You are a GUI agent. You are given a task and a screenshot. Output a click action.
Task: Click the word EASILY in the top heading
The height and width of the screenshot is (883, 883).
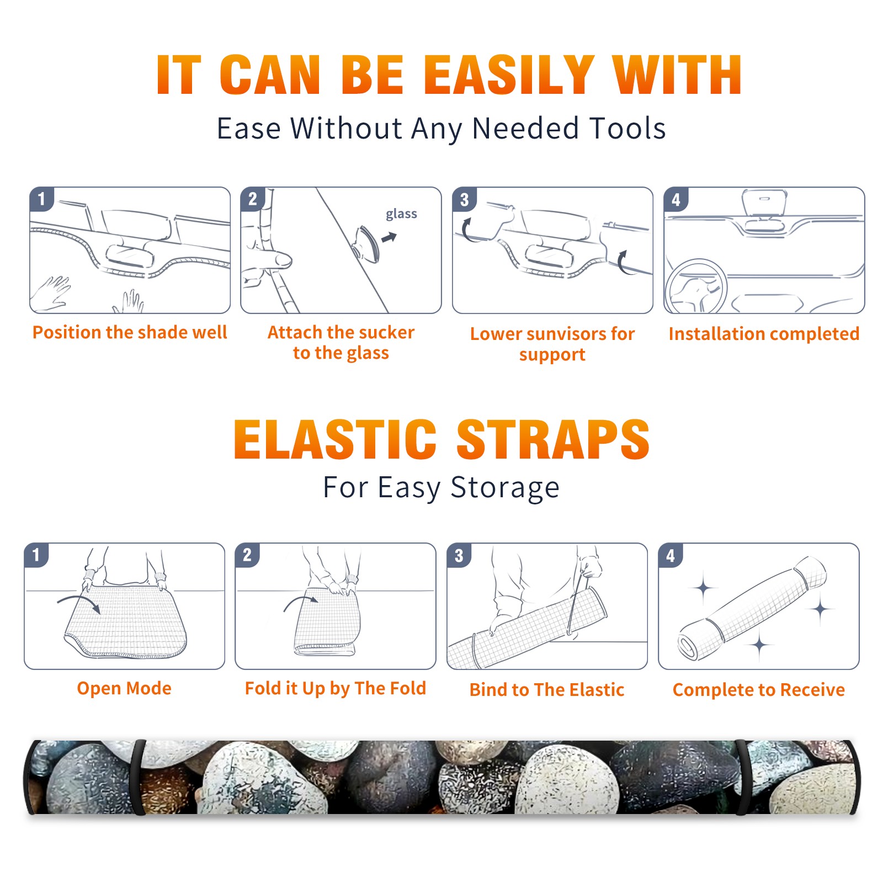[x=509, y=75]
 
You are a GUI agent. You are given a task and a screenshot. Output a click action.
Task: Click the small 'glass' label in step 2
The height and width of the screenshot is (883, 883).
[x=401, y=214]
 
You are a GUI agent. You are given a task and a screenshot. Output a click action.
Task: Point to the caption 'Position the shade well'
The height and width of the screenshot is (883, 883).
[x=130, y=332]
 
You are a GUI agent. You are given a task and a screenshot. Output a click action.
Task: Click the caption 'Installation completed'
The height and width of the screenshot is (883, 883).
[x=764, y=333]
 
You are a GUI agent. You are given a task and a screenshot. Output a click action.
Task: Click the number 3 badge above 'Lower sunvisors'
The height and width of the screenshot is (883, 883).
[x=464, y=199]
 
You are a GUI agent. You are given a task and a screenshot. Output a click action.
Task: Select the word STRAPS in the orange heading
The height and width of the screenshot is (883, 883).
[x=553, y=439]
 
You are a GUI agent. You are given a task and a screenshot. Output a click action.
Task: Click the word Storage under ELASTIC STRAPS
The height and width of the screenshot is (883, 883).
[x=505, y=488]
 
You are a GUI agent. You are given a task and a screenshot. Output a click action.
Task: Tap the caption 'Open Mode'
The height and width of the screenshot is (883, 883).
[x=124, y=688]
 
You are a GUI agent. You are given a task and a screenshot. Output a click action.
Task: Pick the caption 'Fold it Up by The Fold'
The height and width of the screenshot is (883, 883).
[x=336, y=688]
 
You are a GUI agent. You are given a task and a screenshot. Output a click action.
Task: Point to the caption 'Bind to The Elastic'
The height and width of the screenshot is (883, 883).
[x=547, y=690]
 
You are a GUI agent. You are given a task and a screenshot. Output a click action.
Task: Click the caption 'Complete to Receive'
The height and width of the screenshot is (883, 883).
[x=759, y=690]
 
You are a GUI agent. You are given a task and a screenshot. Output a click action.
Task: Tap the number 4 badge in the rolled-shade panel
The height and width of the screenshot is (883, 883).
[x=671, y=555]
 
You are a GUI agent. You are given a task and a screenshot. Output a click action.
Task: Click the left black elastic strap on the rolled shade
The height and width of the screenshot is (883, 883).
[x=138, y=778]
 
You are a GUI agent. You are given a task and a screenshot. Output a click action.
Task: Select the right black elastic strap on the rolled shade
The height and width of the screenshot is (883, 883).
[x=742, y=778]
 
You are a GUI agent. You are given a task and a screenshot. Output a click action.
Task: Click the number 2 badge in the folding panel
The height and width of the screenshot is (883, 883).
[x=247, y=555]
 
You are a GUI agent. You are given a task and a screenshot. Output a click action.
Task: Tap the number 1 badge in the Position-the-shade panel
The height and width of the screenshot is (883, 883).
[x=41, y=199]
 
